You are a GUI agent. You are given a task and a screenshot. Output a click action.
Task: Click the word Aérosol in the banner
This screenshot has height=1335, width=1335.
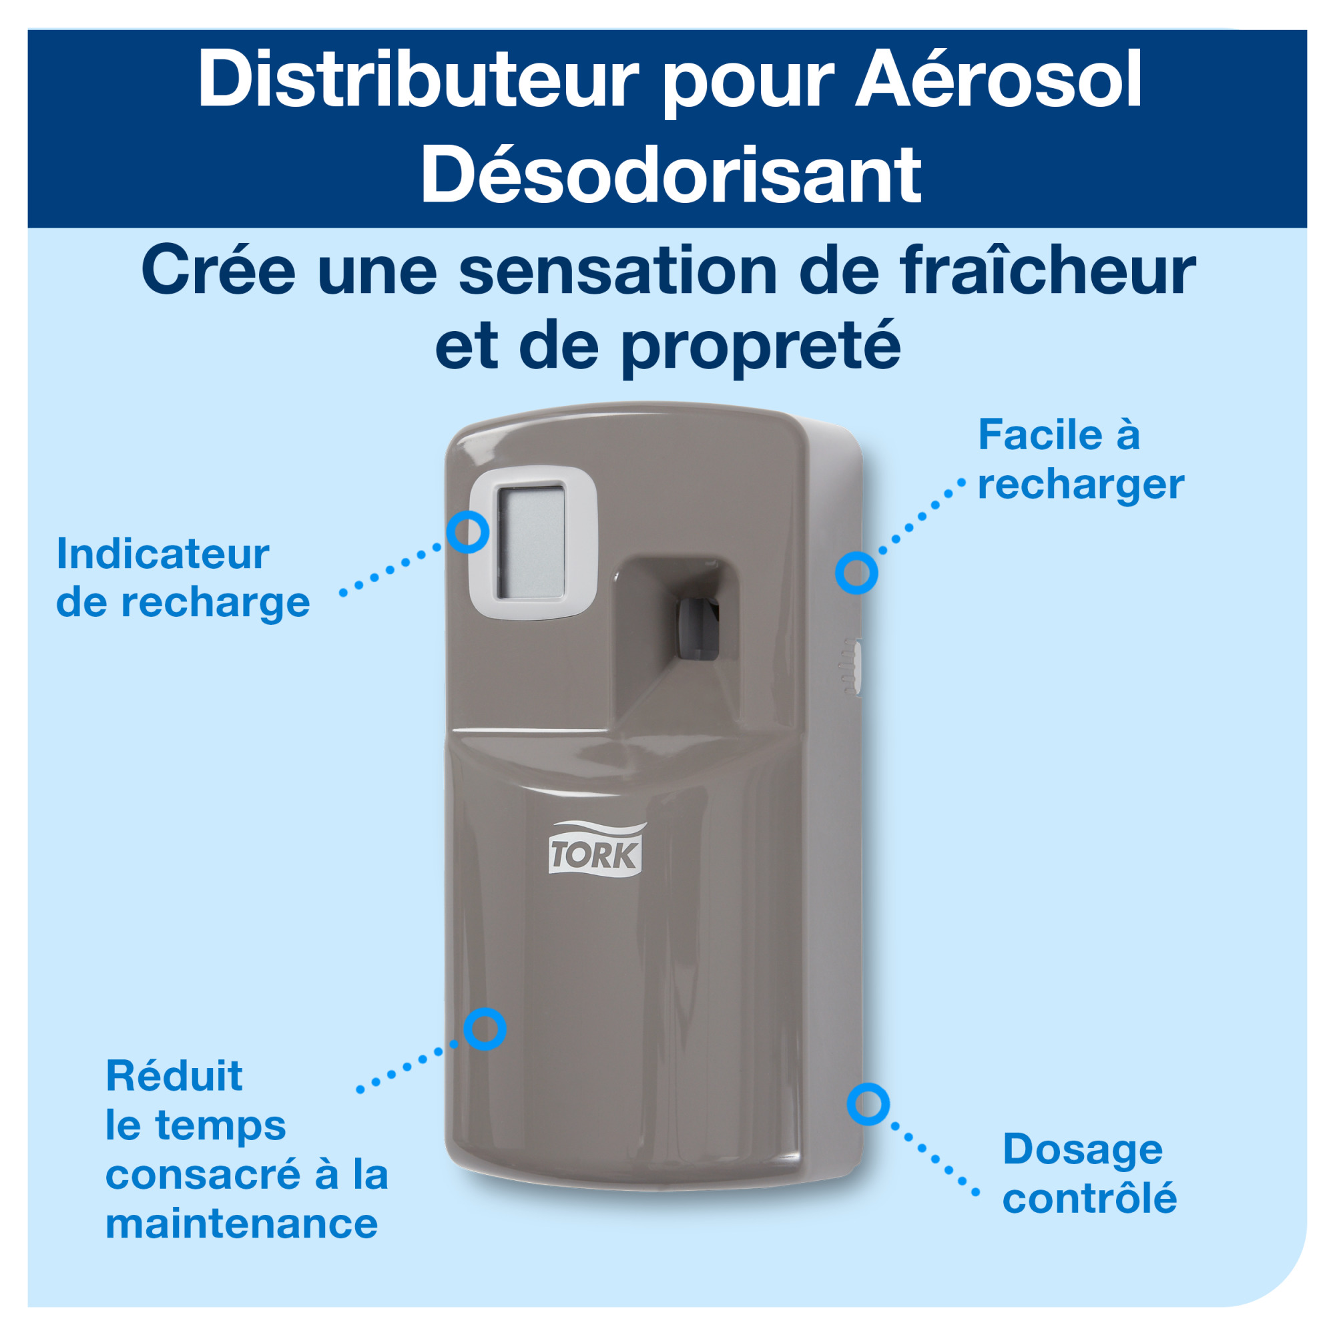point(999,81)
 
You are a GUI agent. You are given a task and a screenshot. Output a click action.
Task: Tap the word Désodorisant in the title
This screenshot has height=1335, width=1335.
point(670,176)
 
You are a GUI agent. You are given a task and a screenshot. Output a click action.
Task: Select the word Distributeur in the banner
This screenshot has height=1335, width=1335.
point(418,81)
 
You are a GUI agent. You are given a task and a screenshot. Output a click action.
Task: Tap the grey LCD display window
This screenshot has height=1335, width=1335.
point(531,542)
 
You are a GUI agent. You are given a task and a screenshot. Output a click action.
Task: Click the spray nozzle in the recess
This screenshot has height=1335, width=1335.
point(698,629)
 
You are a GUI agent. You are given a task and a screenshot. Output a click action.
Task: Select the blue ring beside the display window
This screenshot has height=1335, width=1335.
point(468,532)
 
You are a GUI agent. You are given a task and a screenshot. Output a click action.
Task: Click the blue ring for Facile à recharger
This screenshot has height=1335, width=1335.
point(856,573)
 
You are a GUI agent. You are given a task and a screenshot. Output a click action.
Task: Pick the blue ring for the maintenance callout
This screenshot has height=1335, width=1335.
point(485,1029)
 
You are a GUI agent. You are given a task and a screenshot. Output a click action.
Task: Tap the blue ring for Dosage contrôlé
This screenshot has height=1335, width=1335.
point(868,1103)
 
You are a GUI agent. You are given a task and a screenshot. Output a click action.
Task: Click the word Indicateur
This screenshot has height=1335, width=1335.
point(163,554)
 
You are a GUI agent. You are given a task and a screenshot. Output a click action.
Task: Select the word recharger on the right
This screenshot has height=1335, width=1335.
point(1081,485)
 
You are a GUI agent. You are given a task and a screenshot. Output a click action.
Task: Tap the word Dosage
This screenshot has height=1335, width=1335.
point(1083,1150)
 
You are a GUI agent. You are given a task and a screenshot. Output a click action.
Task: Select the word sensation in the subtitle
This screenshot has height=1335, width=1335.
point(617,271)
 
